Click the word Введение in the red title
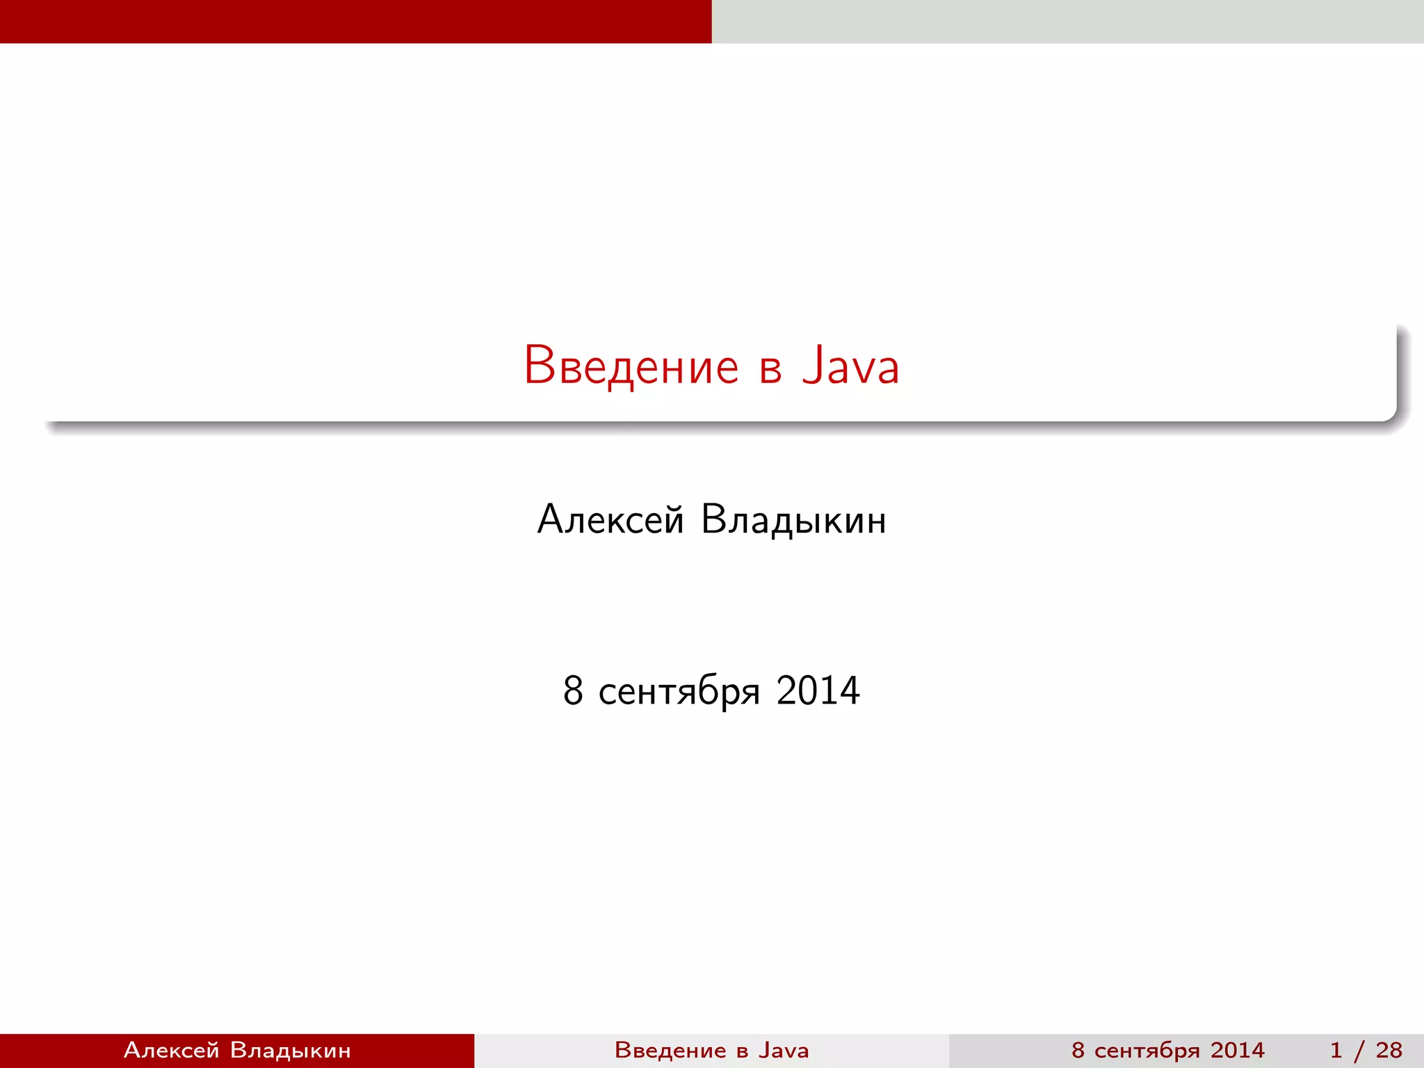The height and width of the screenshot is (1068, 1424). [631, 366]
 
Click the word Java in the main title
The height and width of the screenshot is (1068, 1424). [850, 366]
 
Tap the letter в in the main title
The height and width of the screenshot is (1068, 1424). [770, 369]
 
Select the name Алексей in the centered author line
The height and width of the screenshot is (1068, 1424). [610, 519]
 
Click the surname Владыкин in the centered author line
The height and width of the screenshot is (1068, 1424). [793, 520]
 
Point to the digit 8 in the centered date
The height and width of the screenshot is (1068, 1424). [573, 690]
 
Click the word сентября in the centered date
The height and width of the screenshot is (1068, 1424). [679, 693]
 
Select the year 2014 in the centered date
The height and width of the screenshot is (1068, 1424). [818, 690]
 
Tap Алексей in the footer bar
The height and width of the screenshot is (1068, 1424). [172, 1050]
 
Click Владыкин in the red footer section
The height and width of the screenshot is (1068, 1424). [290, 1050]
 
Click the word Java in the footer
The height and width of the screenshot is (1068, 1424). [784, 1050]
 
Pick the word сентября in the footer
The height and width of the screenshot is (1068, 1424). [1148, 1051]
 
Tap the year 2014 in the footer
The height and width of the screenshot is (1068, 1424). [1237, 1050]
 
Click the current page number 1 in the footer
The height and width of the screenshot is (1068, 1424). [1336, 1050]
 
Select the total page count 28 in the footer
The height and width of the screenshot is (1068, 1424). [1389, 1050]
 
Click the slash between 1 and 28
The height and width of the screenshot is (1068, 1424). [1359, 1051]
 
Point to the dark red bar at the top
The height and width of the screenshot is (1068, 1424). [355, 21]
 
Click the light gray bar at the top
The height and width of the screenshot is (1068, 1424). [1067, 21]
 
